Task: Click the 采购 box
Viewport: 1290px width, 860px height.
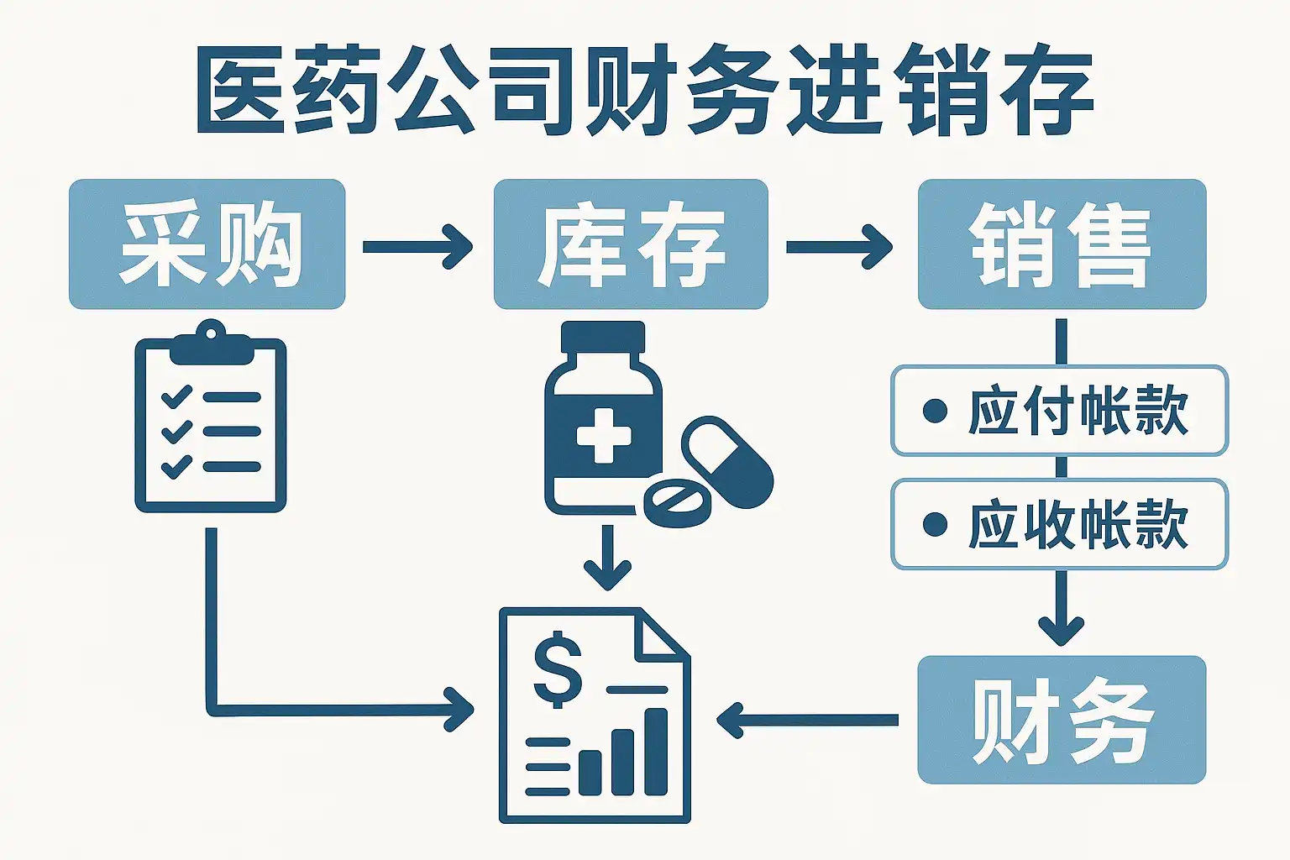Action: pyautogui.click(x=207, y=244)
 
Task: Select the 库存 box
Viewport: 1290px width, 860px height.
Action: pyautogui.click(x=631, y=244)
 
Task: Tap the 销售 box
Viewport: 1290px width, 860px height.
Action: pyautogui.click(x=1062, y=244)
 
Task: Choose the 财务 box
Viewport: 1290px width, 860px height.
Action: pyautogui.click(x=1062, y=720)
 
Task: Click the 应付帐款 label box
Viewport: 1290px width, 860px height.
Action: pyautogui.click(x=1060, y=411)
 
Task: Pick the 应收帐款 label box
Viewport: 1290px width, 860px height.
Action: pyautogui.click(x=1060, y=524)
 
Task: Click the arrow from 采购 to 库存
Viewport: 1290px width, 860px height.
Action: pyautogui.click(x=417, y=247)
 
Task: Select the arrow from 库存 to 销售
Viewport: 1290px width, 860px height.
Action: pyautogui.click(x=839, y=247)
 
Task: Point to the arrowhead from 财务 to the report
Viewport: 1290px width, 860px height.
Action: pyautogui.click(x=730, y=720)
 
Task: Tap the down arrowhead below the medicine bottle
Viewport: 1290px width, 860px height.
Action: pyautogui.click(x=607, y=576)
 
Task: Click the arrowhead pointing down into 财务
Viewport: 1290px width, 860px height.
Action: pyautogui.click(x=1062, y=632)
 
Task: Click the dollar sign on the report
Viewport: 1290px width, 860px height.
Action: pyautogui.click(x=558, y=670)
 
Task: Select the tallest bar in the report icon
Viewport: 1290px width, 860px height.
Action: pyautogui.click(x=655, y=751)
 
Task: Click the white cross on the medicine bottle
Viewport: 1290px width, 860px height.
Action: pyautogui.click(x=604, y=436)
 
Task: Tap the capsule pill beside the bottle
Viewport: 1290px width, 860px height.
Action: pyautogui.click(x=727, y=463)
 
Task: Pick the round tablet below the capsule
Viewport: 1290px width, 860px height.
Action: pyautogui.click(x=677, y=503)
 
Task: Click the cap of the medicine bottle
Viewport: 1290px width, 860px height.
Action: pyautogui.click(x=603, y=337)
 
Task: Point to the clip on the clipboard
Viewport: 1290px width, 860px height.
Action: pyautogui.click(x=212, y=343)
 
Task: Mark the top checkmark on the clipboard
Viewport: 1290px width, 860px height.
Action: pyautogui.click(x=176, y=396)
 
